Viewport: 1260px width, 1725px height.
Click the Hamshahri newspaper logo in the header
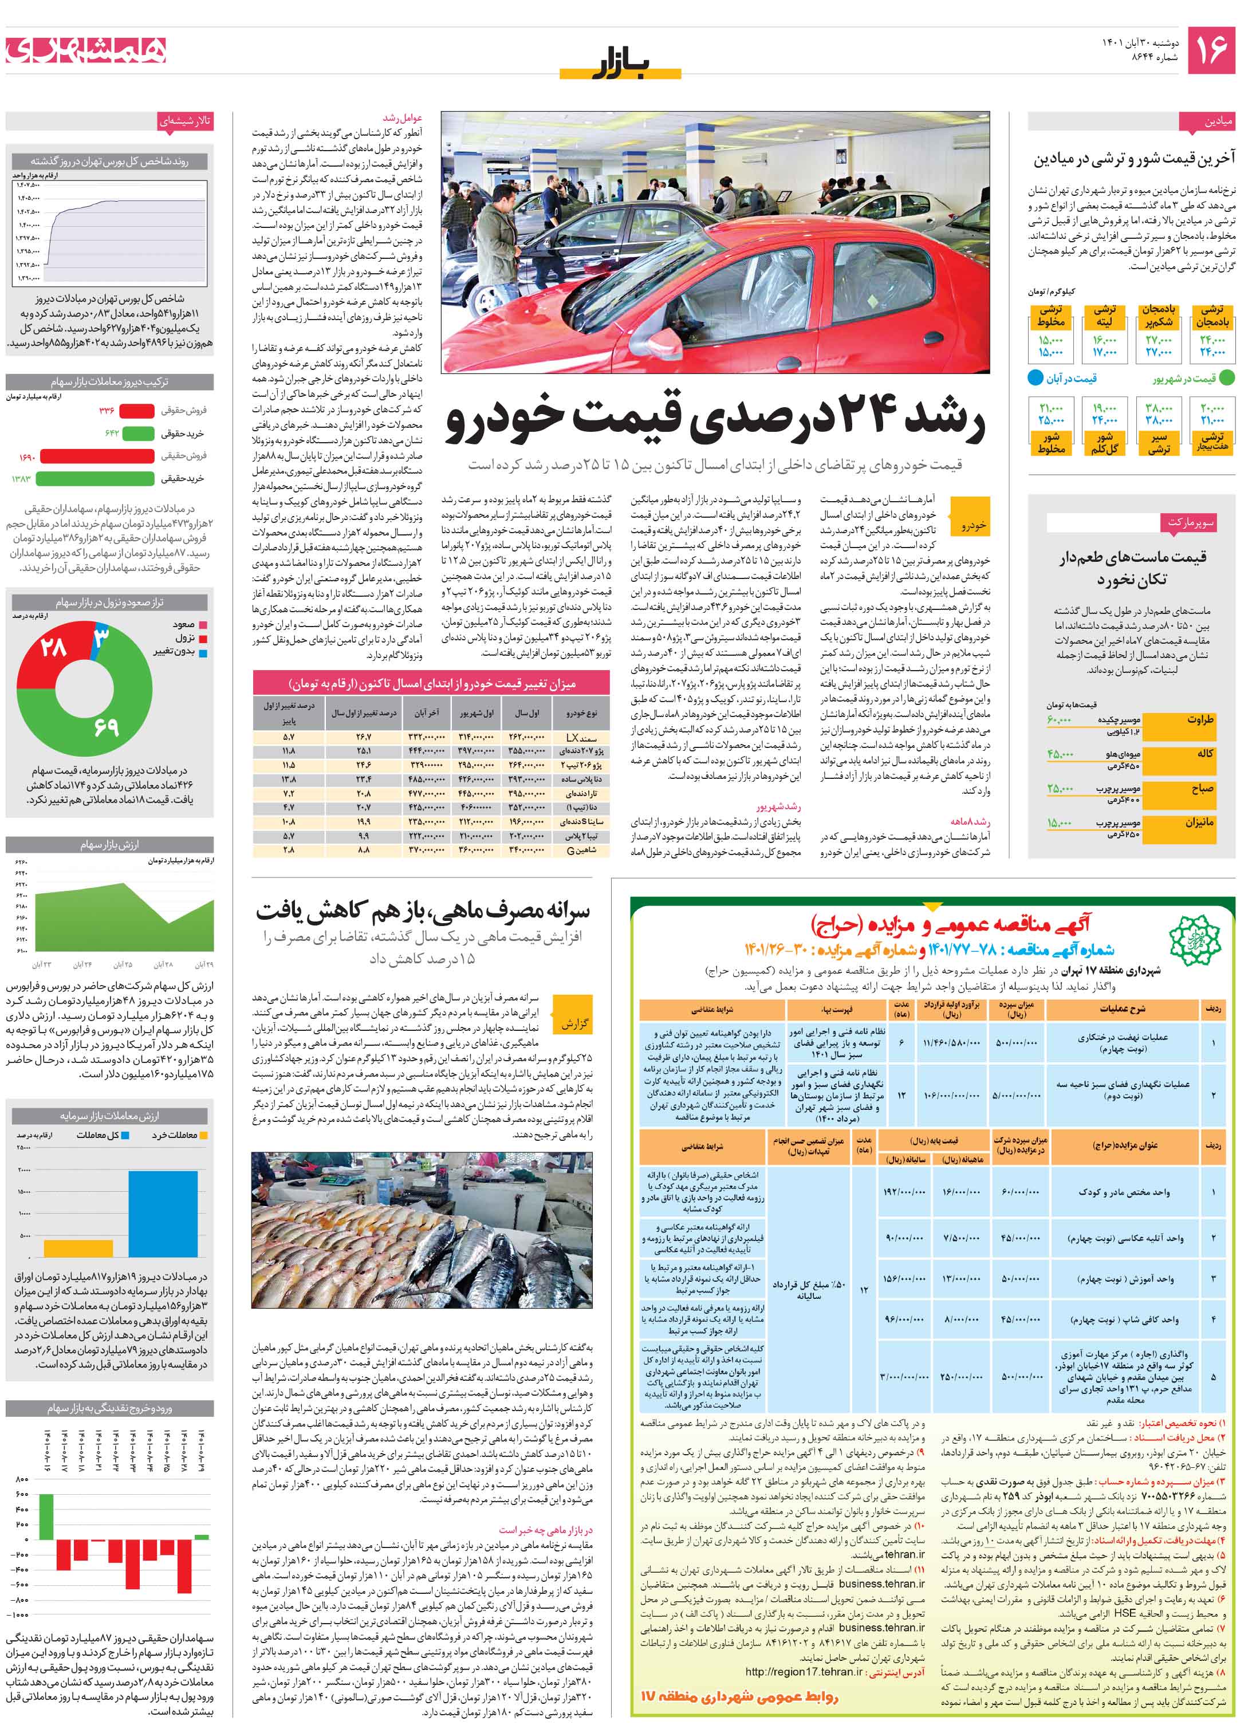coord(85,50)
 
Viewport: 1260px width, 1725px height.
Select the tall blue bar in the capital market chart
coord(163,1214)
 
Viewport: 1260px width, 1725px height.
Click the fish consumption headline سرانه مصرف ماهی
coord(423,911)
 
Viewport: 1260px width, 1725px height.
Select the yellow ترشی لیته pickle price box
coord(1104,317)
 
